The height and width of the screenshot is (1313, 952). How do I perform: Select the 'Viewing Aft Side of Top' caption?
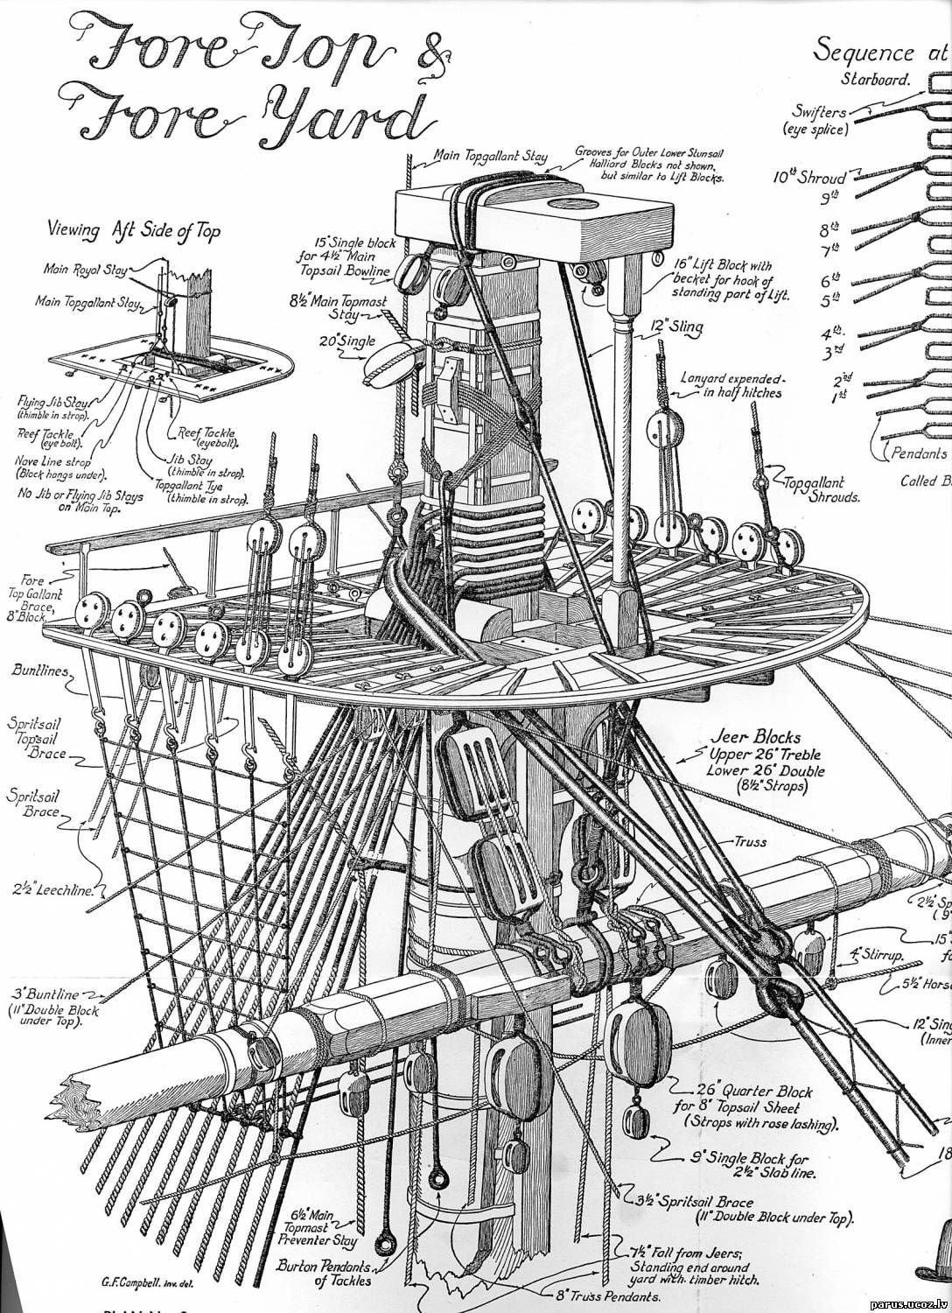click(x=133, y=230)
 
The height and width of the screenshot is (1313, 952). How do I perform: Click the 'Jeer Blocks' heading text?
click(x=764, y=737)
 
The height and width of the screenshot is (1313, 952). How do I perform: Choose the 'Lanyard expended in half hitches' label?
click(x=733, y=386)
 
